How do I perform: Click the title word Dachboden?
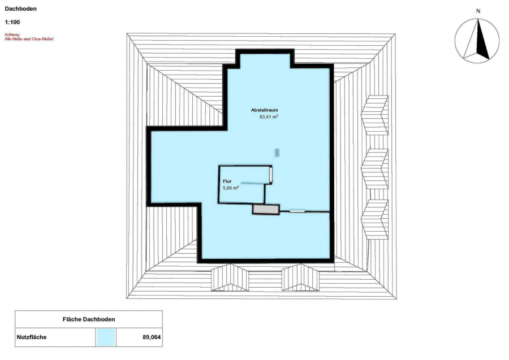[21, 8]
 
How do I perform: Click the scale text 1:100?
[12, 23]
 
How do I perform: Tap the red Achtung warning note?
[29, 37]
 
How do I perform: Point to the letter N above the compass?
[478, 11]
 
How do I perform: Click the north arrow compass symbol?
[477, 40]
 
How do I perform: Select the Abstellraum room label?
[264, 110]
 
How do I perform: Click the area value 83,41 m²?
[269, 116]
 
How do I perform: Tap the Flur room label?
[227, 181]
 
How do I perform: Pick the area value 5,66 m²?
[231, 188]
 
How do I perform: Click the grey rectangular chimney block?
[266, 210]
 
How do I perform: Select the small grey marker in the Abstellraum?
[277, 153]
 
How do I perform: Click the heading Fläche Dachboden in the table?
[89, 319]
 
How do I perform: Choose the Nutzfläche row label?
[32, 337]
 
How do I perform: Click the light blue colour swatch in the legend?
[106, 337]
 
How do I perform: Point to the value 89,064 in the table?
[152, 337]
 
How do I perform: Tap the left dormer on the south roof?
[230, 277]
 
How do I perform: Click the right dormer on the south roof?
[301, 277]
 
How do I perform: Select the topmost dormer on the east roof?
[375, 115]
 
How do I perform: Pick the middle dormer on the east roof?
[375, 168]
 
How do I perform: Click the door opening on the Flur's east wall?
[270, 175]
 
